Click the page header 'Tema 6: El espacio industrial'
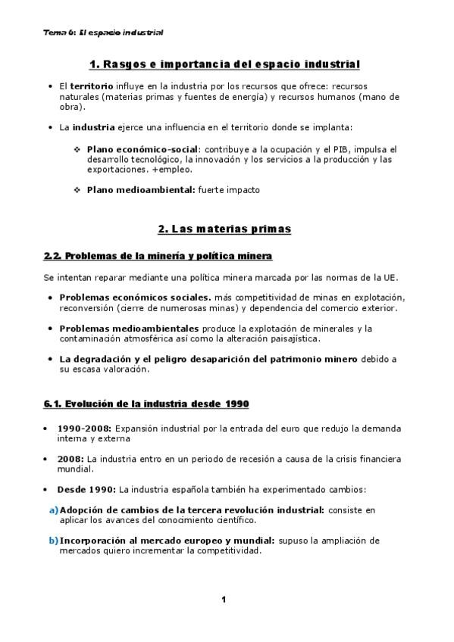104,33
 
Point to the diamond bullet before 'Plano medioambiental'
77,190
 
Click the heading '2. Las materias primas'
224,228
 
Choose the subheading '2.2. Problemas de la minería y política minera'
158,256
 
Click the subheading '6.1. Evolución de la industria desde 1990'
146,403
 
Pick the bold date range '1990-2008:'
82,428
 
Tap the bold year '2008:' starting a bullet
70,459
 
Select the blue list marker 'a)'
54,510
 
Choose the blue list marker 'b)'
54,541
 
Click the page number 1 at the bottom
224,600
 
